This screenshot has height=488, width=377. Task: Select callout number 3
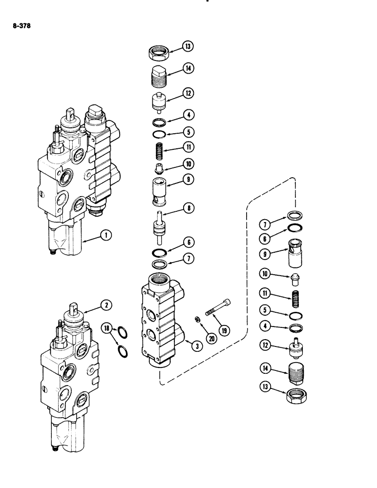(196, 346)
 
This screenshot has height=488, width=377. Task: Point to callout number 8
(187, 209)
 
